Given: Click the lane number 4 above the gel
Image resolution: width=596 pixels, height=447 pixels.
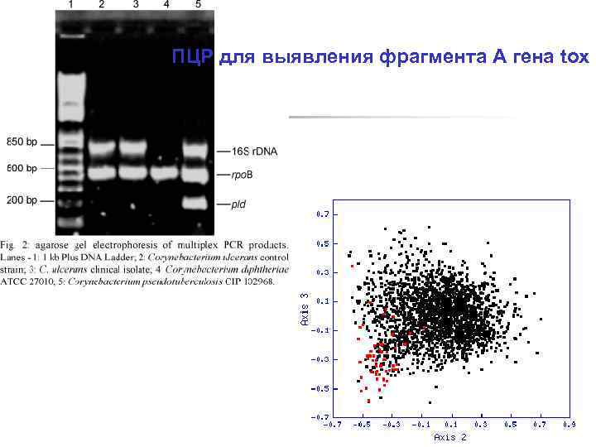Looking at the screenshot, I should point(167,5).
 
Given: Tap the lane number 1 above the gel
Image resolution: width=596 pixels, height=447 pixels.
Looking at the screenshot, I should point(71,5).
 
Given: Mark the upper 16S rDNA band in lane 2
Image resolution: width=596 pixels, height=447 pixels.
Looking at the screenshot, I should point(102,150).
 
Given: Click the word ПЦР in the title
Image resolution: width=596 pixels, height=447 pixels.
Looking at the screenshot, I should point(192,57).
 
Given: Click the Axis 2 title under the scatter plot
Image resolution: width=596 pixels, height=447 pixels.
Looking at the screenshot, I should point(450,437).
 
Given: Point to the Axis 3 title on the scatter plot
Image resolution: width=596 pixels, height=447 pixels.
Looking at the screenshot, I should point(305,309).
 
